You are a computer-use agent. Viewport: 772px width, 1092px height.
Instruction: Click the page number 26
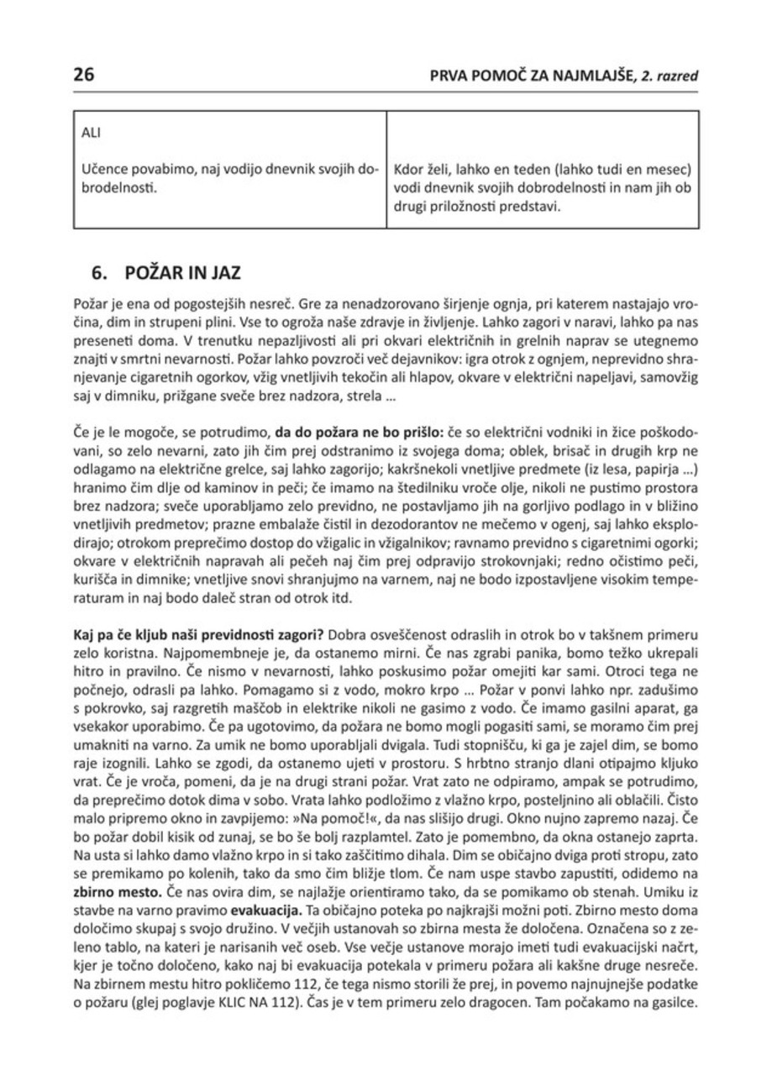click(84, 75)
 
